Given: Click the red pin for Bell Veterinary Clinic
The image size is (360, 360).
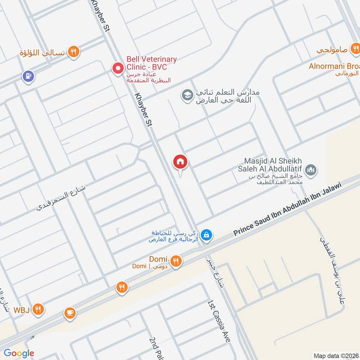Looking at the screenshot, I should pyautogui.click(x=118, y=68).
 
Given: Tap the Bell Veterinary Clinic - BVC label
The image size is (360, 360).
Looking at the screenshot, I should pyautogui.click(x=151, y=63).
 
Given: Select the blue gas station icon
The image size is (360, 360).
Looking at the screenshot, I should pyautogui.click(x=28, y=77).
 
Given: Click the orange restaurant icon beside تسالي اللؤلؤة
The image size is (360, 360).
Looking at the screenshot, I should pyautogui.click(x=74, y=52).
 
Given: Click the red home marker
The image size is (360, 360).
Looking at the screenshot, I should pyautogui.click(x=180, y=162).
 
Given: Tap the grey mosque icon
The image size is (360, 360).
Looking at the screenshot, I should pyautogui.click(x=310, y=170).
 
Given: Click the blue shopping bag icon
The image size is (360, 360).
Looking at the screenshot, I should pyautogui.click(x=206, y=235).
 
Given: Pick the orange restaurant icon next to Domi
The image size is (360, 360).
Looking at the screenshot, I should pyautogui.click(x=176, y=261).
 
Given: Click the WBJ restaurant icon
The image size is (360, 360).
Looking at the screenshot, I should pyautogui.click(x=39, y=309).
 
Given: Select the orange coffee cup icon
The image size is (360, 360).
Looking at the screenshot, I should pyautogui.click(x=69, y=312).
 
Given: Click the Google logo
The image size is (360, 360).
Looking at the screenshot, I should pyautogui.click(x=18, y=353).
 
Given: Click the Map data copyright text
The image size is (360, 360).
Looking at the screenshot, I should pyautogui.click(x=335, y=355).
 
